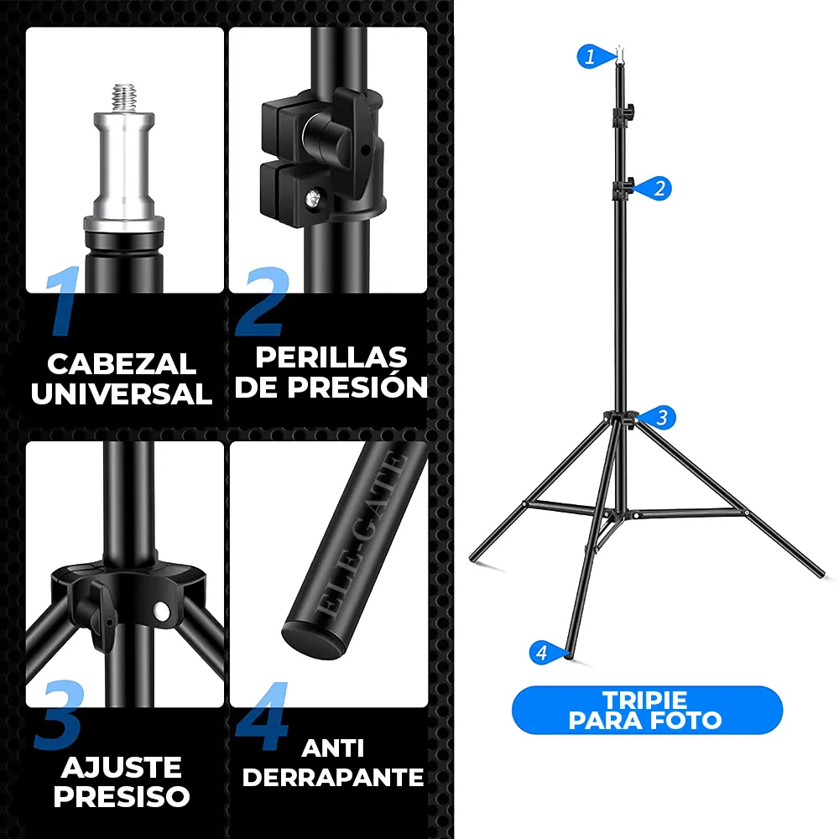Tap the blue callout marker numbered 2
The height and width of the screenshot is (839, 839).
(656, 188)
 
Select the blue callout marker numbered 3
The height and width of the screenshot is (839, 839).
(659, 417)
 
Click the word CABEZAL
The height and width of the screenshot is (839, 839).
(122, 364)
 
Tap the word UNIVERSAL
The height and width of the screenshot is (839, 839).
(122, 393)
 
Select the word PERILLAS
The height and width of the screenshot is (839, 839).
(331, 357)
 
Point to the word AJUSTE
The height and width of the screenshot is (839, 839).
(122, 768)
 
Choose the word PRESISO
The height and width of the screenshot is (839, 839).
(122, 797)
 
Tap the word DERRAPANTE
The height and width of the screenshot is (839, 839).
(333, 778)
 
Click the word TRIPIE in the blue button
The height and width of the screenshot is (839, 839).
(644, 701)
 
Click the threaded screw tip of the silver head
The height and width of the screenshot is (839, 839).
(124, 97)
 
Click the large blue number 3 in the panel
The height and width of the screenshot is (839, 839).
(60, 714)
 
